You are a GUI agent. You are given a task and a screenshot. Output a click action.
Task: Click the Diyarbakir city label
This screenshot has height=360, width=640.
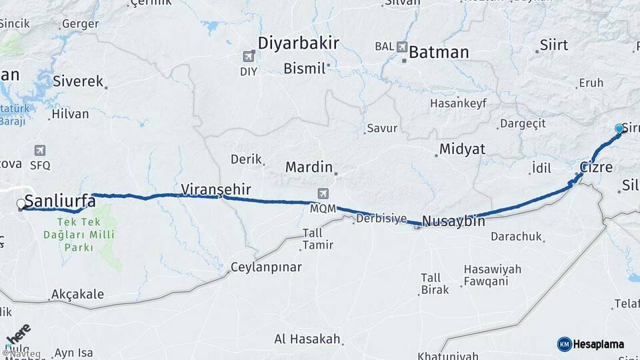(x=298, y=44)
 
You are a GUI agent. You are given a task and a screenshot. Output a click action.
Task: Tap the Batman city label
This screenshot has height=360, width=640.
(x=439, y=53)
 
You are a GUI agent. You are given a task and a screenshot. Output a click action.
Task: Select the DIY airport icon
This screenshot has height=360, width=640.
(x=249, y=57)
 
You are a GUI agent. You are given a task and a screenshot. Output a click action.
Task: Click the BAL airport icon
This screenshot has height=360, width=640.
(x=402, y=47)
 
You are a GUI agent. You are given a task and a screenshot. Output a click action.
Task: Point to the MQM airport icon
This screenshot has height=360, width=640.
(x=323, y=194)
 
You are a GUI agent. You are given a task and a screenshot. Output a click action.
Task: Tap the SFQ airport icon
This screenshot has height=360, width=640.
(x=40, y=151)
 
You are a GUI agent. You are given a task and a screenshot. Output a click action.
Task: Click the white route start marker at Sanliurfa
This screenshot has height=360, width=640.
(x=21, y=204)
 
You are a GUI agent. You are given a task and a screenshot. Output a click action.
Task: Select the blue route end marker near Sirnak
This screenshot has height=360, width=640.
(x=619, y=129)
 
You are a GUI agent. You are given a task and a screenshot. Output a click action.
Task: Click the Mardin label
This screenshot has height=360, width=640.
(x=308, y=167)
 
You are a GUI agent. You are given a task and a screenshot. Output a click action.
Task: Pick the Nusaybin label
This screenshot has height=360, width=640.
(x=453, y=221)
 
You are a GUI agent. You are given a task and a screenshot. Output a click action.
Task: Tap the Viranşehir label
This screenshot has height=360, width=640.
(x=216, y=189)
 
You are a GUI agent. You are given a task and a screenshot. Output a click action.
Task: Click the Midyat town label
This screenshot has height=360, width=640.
(x=462, y=149)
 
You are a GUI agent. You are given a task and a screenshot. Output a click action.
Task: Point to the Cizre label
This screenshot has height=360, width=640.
(x=595, y=167)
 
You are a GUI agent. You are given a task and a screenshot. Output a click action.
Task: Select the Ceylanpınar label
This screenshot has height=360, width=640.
(x=266, y=267)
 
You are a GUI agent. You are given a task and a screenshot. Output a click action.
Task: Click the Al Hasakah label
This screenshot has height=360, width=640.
(x=307, y=339)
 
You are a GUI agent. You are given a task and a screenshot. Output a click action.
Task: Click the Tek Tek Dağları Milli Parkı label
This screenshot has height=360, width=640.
(x=79, y=235)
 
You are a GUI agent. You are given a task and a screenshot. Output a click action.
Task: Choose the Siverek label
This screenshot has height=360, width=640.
(x=77, y=81)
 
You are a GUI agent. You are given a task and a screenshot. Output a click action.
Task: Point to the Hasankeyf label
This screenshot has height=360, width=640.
(x=458, y=103)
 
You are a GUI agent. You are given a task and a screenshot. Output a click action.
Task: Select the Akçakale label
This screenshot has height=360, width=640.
(x=77, y=294)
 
